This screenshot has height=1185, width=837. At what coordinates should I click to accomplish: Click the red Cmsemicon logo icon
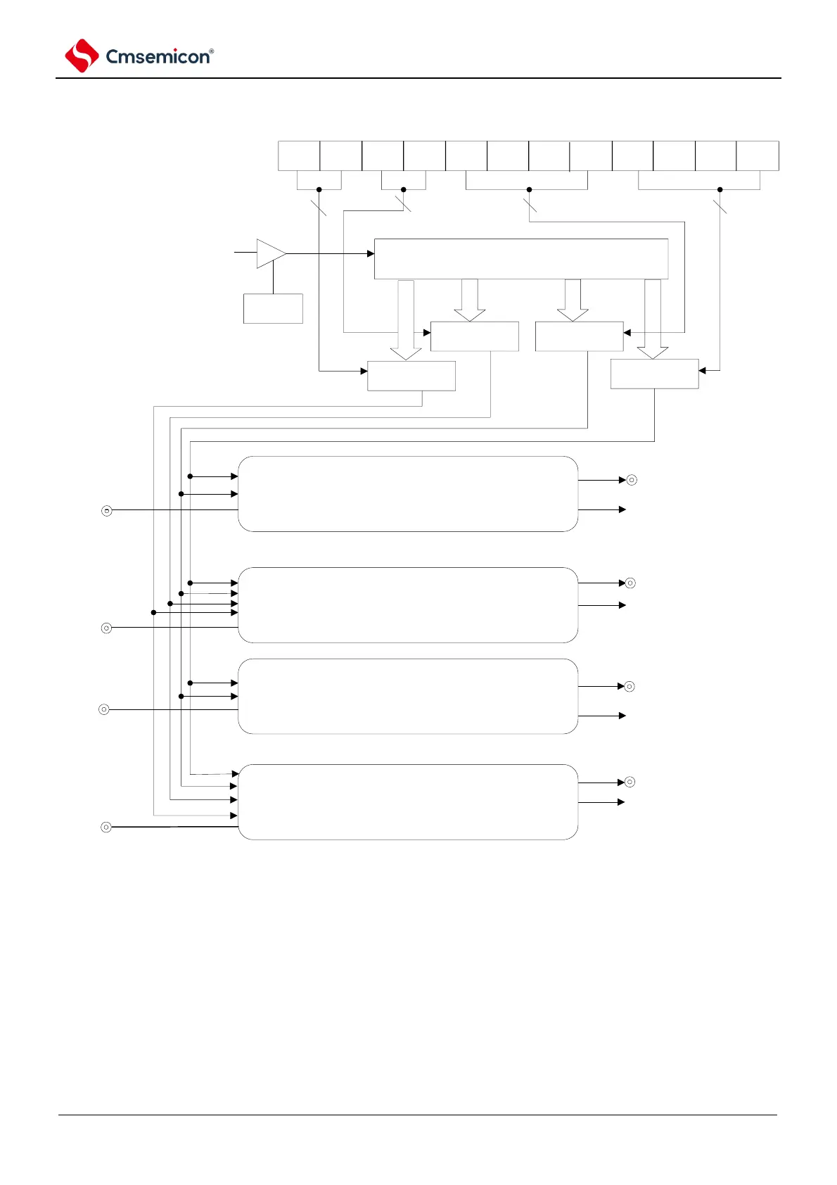(x=82, y=56)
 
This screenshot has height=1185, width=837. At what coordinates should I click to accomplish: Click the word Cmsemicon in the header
(x=158, y=57)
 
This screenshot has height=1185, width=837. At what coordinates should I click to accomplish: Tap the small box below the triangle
(x=273, y=308)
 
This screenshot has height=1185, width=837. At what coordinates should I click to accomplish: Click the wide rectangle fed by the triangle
(x=520, y=259)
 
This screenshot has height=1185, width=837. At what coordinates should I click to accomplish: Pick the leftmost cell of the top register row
(x=299, y=156)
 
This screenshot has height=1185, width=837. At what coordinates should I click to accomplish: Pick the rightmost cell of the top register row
(x=758, y=156)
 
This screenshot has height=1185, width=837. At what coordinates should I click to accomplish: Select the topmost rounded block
(x=408, y=493)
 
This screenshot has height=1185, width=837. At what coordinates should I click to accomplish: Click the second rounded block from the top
(x=408, y=604)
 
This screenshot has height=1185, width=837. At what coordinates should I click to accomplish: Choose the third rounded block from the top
(x=408, y=696)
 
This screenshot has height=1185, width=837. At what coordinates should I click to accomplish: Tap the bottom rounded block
(x=408, y=801)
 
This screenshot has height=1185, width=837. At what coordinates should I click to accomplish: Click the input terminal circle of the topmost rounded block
(x=107, y=510)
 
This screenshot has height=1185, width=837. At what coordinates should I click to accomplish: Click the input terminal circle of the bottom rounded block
(x=106, y=827)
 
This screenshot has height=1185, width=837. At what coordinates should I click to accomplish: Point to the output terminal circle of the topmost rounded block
(x=632, y=480)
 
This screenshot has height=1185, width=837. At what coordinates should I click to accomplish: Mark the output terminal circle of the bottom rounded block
(x=630, y=782)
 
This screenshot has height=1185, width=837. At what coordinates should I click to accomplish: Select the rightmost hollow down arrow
(x=653, y=317)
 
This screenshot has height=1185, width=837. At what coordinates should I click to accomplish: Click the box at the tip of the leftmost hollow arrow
(x=411, y=376)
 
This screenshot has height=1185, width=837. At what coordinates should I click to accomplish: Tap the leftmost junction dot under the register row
(x=319, y=189)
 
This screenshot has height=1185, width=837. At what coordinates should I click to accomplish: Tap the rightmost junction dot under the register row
(x=720, y=189)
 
